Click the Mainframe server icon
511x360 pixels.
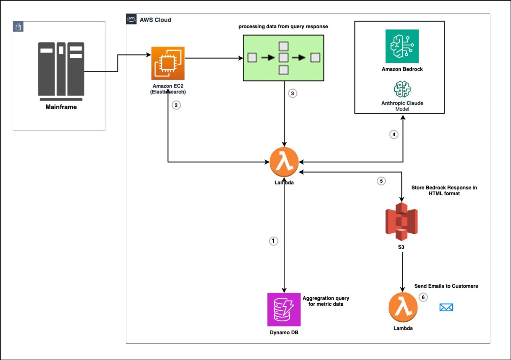tap(61, 69)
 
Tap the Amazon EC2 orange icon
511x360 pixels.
tap(168, 63)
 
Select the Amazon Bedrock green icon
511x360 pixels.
tap(402, 46)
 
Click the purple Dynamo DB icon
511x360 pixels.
tap(284, 309)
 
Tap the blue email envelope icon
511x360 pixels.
tap(446, 307)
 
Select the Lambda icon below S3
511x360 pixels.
tap(402, 308)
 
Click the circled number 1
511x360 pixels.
tap(273, 241)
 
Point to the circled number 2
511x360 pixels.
tap(175, 105)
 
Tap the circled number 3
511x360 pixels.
tap(293, 94)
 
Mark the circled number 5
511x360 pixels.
tap(381, 181)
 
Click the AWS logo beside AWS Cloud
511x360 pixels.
tap(131, 19)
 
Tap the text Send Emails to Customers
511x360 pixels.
tap(446, 286)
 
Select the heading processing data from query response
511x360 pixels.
tap(282, 26)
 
